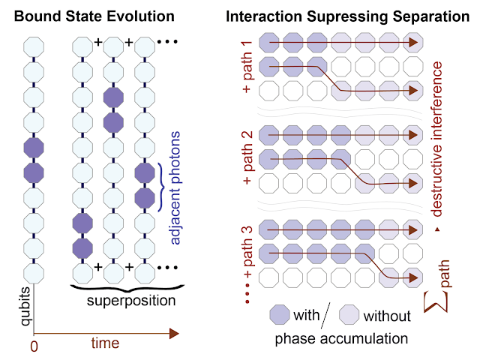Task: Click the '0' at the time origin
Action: [32, 346]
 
